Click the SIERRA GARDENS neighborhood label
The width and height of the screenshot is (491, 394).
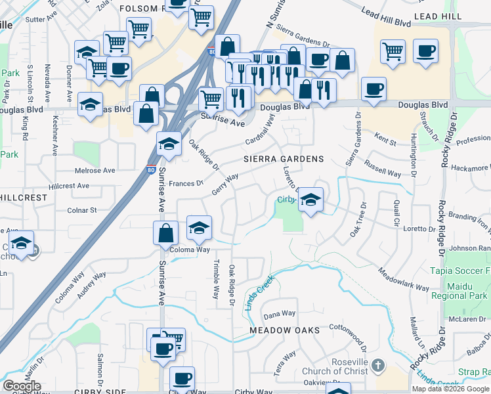284,159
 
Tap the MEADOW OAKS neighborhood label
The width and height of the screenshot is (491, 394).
284,330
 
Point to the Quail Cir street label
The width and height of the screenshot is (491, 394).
396,213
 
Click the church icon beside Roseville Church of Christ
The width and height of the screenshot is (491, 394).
377,364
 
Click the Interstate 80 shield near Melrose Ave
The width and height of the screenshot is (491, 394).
152,171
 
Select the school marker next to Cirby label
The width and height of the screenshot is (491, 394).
310,200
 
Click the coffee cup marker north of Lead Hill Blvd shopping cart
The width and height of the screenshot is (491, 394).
425,51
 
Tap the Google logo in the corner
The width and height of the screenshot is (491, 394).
22,386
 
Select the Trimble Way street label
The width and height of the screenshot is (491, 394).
215,280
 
